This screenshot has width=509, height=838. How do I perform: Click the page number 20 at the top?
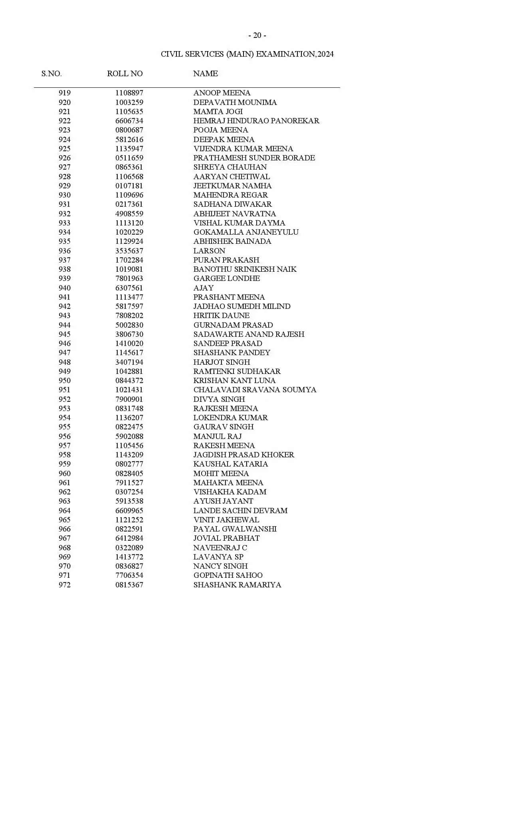(x=257, y=36)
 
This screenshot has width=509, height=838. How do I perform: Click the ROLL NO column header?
(x=125, y=73)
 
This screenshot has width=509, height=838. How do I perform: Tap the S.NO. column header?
(x=51, y=73)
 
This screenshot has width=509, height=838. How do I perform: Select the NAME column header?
(x=205, y=73)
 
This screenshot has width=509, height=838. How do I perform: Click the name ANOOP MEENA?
(x=222, y=93)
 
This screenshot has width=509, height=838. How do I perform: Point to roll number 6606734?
(x=129, y=121)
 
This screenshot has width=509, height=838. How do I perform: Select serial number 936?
(x=64, y=251)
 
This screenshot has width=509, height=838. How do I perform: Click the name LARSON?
(x=209, y=251)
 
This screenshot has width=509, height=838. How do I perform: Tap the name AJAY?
(x=203, y=288)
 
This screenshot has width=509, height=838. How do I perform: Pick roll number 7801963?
(x=129, y=279)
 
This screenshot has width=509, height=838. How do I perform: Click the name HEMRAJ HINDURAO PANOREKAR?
(x=256, y=121)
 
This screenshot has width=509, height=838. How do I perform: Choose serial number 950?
(x=64, y=381)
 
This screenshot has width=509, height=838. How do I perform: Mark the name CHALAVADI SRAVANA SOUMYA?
(x=255, y=390)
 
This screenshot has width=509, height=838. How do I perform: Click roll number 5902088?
(x=129, y=437)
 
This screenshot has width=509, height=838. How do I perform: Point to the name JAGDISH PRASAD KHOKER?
(x=244, y=455)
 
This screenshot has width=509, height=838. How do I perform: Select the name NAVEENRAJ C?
(x=220, y=548)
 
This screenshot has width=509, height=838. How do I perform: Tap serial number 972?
(x=64, y=585)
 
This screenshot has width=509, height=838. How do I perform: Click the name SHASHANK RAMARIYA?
(x=237, y=585)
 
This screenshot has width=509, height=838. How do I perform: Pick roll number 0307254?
(x=129, y=492)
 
